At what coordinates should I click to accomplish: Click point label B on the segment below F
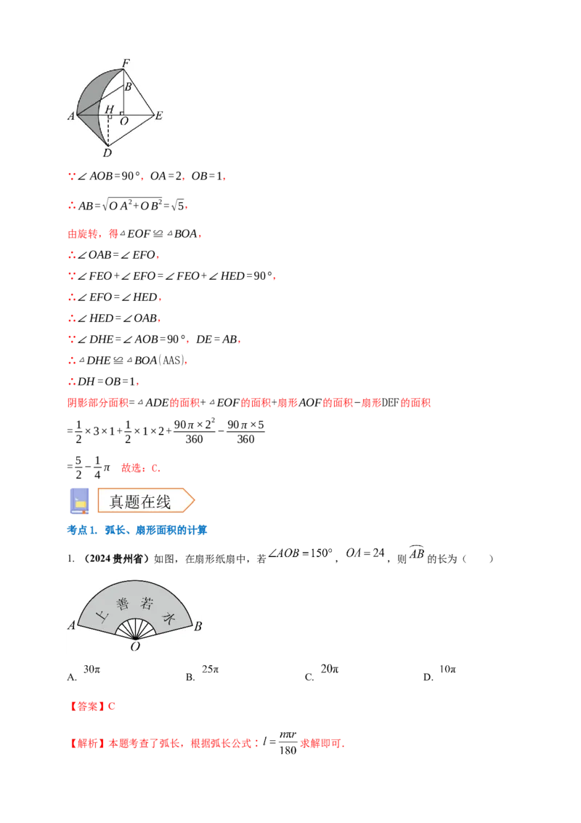pyautogui.click(x=129, y=87)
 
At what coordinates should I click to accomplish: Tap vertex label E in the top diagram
pyautogui.click(x=158, y=116)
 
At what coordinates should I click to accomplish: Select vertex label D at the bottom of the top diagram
pyautogui.click(x=107, y=153)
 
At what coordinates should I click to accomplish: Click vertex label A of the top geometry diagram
pyautogui.click(x=71, y=116)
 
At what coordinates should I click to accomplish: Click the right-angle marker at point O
pyautogui.click(x=121, y=113)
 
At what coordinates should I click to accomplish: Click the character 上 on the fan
pyautogui.click(x=102, y=618)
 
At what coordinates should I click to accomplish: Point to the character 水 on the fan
pyautogui.click(x=169, y=618)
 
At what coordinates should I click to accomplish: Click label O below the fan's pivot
pyautogui.click(x=135, y=646)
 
